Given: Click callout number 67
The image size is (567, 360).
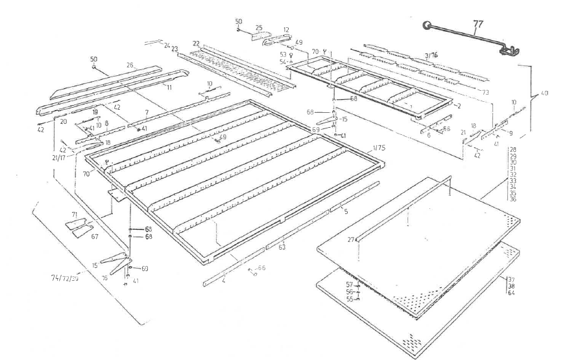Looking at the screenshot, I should (x=94, y=237).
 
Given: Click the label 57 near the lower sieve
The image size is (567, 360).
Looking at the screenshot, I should (x=349, y=284).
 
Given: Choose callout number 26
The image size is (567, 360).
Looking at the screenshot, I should (x=130, y=66).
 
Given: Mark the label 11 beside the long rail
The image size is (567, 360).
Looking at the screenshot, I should (x=169, y=86).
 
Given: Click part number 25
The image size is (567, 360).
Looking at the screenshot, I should (x=258, y=28).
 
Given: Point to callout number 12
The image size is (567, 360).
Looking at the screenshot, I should (x=286, y=29).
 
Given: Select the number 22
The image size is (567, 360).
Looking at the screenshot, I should (x=196, y=43).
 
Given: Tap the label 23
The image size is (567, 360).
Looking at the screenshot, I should (x=175, y=49).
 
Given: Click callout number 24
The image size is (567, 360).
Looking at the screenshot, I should (x=167, y=45).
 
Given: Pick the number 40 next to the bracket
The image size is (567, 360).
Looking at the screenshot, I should (x=544, y=93).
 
